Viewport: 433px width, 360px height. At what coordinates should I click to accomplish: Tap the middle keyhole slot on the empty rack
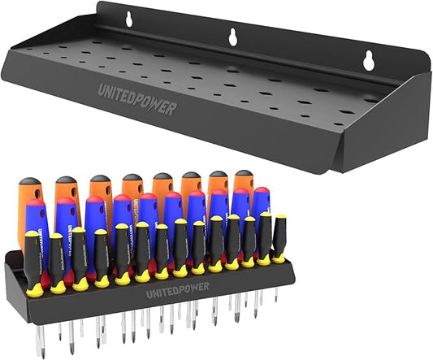point(233,36)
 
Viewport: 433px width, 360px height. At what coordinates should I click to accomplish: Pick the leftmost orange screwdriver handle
point(29,203)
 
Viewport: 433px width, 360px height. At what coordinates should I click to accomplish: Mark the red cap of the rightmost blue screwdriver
point(260,192)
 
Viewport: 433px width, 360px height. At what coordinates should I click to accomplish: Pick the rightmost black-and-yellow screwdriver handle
point(279,236)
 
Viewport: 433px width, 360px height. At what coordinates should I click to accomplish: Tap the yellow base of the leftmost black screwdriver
point(35,288)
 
